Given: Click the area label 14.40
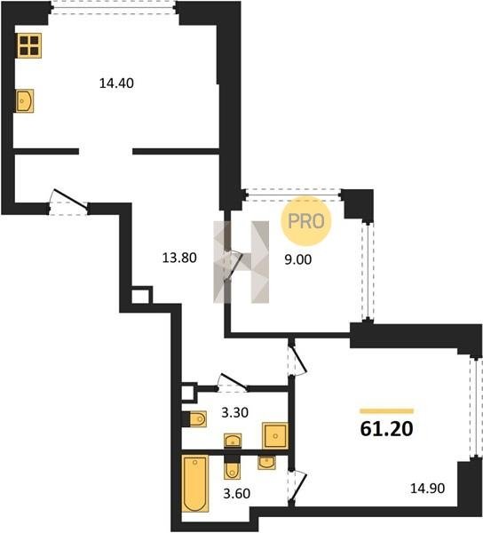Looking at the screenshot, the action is (116, 84).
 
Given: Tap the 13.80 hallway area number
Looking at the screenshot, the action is (179, 258).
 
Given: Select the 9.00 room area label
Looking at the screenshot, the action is (298, 259).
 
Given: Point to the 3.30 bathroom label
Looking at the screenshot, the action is (234, 413).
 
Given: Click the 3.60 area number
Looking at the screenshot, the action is (237, 493).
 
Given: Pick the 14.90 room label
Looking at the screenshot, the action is (428, 489).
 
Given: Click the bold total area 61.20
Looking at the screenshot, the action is (386, 429).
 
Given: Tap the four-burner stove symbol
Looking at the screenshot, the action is (29, 45).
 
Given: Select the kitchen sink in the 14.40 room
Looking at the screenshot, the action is (25, 100).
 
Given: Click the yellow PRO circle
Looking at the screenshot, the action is (305, 221).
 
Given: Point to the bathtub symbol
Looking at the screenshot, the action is (195, 484).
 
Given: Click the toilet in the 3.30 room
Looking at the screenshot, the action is (195, 419).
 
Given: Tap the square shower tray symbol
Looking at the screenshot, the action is (275, 436).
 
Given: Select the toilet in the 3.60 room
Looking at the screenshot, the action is (232, 467).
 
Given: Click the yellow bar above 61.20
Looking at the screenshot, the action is (386, 411).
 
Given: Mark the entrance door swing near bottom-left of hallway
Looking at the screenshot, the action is (68, 202).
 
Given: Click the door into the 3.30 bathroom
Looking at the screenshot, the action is (233, 381).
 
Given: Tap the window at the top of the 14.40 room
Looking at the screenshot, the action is (114, 7).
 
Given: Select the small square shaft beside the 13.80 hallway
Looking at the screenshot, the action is (140, 296).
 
